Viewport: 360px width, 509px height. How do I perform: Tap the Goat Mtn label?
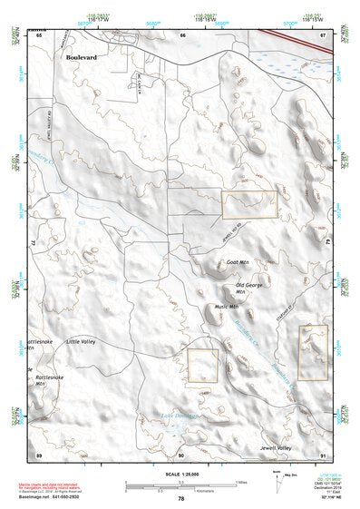pyautogui.click(x=237, y=262)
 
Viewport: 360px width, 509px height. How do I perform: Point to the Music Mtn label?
pyautogui.click(x=227, y=307)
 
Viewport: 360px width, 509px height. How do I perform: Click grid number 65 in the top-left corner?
pyautogui.click(x=38, y=34)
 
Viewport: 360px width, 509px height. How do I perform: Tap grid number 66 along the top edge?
pyautogui.click(x=182, y=34)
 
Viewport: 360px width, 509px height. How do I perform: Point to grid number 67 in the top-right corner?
pyautogui.click(x=323, y=34)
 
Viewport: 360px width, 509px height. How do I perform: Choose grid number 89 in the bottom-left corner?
pyautogui.click(x=38, y=454)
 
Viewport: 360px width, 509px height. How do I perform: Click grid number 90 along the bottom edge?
pyautogui.click(x=181, y=454)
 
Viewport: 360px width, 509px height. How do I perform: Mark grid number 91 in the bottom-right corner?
pyautogui.click(x=323, y=454)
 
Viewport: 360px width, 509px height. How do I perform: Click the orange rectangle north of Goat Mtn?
pyautogui.click(x=248, y=205)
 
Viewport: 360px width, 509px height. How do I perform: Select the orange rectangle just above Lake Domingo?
pyautogui.click(x=203, y=367)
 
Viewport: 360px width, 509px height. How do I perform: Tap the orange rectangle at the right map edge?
pyautogui.click(x=313, y=352)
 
